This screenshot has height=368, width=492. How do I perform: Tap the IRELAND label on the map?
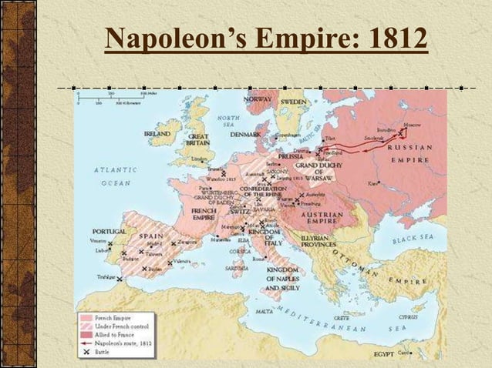coord(157,133)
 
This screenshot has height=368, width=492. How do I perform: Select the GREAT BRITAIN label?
coord(198,139)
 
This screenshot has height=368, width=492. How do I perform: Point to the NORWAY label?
coord(257,101)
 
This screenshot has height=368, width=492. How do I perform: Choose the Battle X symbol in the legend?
coord(86,354)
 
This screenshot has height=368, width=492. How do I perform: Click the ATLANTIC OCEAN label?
coord(112,176)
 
